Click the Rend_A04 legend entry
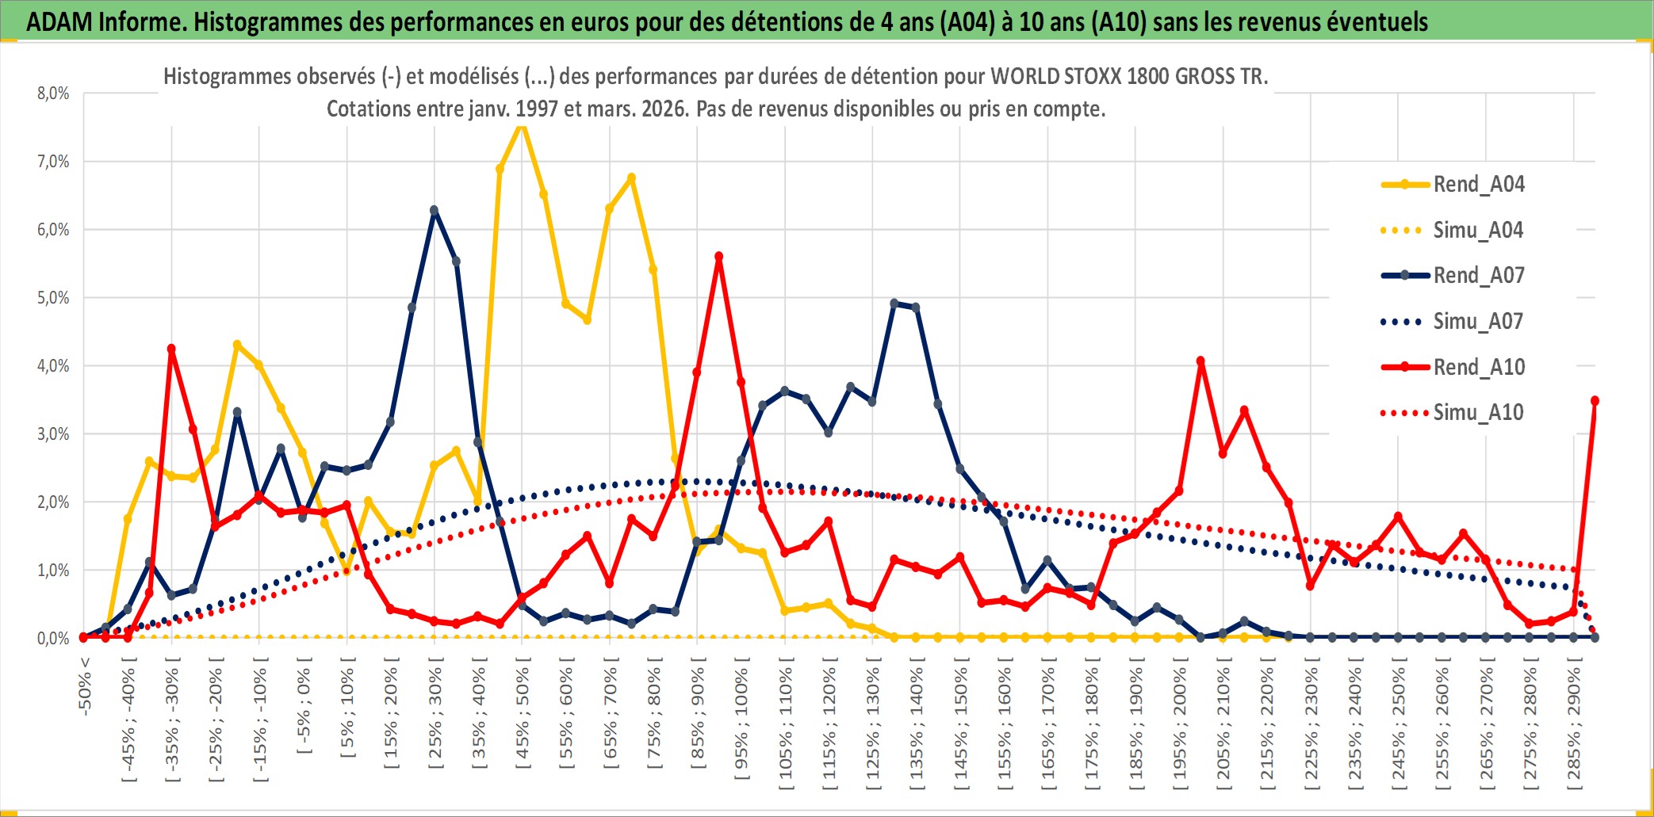click(x=1478, y=185)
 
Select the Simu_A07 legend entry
click(x=1478, y=322)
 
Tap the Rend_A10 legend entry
click(x=1478, y=367)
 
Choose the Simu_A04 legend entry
click(x=1478, y=231)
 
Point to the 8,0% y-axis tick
click(x=53, y=94)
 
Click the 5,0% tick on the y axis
click(x=53, y=298)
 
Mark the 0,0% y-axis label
click(x=53, y=639)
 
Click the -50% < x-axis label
click(x=85, y=686)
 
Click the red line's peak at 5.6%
click(x=718, y=257)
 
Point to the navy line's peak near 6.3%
click(x=434, y=211)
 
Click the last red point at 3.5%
click(x=1595, y=401)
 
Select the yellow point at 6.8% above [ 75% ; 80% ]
click(x=631, y=178)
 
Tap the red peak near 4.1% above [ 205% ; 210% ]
click(x=1200, y=361)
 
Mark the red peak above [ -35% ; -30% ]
click(x=171, y=349)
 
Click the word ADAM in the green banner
click(x=59, y=21)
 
